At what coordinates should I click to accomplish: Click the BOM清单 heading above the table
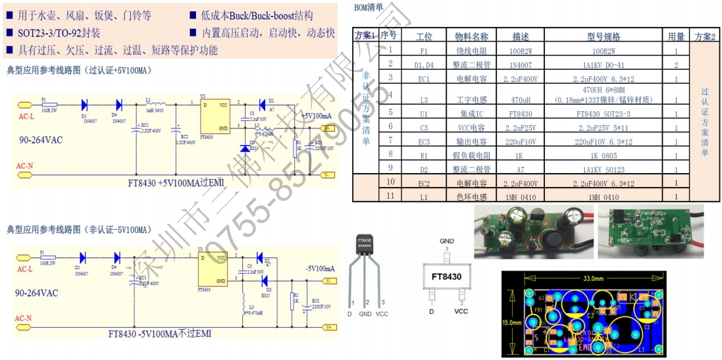click(369, 7)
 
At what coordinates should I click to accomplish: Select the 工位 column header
click(425, 36)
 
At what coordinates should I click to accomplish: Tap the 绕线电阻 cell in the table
click(472, 50)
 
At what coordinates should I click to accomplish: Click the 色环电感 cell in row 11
click(472, 196)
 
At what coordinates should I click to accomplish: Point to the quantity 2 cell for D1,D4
click(676, 64)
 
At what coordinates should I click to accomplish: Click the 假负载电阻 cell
click(472, 155)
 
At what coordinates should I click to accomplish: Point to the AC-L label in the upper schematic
click(26, 115)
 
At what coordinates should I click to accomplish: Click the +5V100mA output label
click(317, 116)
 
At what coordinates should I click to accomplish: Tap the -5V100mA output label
click(320, 269)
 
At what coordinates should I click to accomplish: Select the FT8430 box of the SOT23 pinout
click(446, 277)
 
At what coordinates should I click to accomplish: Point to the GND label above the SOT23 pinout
click(447, 242)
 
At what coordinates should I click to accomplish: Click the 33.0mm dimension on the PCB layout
click(593, 279)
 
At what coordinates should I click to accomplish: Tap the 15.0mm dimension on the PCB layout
click(513, 323)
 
